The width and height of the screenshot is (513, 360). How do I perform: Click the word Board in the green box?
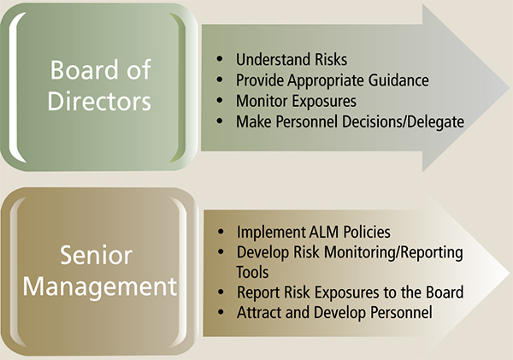pyautogui.click(x=80, y=69)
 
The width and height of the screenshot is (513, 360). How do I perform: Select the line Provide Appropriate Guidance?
pyautogui.click(x=332, y=80)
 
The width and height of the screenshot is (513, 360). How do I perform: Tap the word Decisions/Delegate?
pyautogui.click(x=410, y=121)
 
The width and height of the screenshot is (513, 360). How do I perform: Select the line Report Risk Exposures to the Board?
pyautogui.click(x=350, y=292)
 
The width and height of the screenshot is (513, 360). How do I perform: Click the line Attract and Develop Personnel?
pyautogui.click(x=334, y=313)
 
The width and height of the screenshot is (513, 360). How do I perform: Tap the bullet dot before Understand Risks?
pyautogui.click(x=220, y=61)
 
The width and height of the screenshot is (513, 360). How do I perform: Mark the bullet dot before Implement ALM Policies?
pyautogui.click(x=220, y=232)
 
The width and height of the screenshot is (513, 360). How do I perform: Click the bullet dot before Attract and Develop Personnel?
pyautogui.click(x=220, y=313)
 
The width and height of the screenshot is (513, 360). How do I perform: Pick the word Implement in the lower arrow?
pyautogui.click(x=268, y=232)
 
